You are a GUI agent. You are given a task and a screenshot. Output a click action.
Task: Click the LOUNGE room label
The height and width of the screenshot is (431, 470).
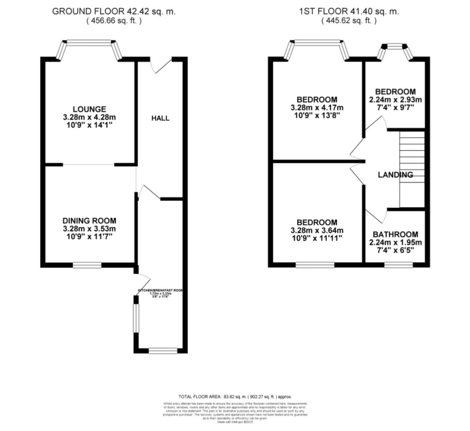[x=89, y=109]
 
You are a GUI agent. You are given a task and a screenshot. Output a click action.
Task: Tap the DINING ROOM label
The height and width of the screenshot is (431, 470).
[x=89, y=221]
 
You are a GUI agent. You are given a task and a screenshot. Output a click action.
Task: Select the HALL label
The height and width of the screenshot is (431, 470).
[x=160, y=118]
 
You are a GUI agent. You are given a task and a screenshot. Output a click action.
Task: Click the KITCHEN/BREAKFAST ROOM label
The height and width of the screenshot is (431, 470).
[x=160, y=290]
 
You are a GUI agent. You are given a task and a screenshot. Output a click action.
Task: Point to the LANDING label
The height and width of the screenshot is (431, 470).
[x=395, y=175]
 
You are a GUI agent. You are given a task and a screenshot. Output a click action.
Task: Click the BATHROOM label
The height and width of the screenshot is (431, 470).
[x=395, y=235]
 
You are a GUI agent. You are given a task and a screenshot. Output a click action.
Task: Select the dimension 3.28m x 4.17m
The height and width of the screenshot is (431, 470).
[x=317, y=108]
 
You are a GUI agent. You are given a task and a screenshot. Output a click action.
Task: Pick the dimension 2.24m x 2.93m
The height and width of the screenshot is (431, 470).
[x=395, y=100]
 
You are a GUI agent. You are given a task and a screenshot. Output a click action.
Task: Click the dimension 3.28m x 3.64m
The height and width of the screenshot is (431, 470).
[x=317, y=231]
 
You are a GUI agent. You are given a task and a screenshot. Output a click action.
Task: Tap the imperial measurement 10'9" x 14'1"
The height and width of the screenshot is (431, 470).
[x=89, y=125]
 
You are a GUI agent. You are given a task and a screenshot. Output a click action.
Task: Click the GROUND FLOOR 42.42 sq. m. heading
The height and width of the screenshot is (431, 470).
[x=114, y=11]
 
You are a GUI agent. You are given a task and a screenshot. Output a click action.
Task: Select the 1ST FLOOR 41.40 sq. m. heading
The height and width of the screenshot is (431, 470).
[x=349, y=11]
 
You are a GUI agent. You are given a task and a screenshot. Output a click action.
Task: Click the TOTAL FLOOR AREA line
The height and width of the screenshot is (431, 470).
[x=235, y=397]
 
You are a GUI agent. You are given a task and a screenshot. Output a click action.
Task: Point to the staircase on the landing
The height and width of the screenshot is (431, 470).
[x=412, y=170]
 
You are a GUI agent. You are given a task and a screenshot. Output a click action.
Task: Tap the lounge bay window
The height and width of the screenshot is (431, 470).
[x=89, y=42]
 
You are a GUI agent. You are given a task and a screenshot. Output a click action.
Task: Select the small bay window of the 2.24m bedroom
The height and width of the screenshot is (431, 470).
[x=395, y=47]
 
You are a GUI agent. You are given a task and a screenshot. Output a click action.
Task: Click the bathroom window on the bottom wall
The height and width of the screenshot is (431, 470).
[x=399, y=265]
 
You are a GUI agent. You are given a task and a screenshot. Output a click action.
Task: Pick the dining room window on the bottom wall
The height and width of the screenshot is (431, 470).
[x=87, y=265]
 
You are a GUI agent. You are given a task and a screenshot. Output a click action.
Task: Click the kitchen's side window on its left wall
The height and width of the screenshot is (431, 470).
[x=136, y=318]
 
